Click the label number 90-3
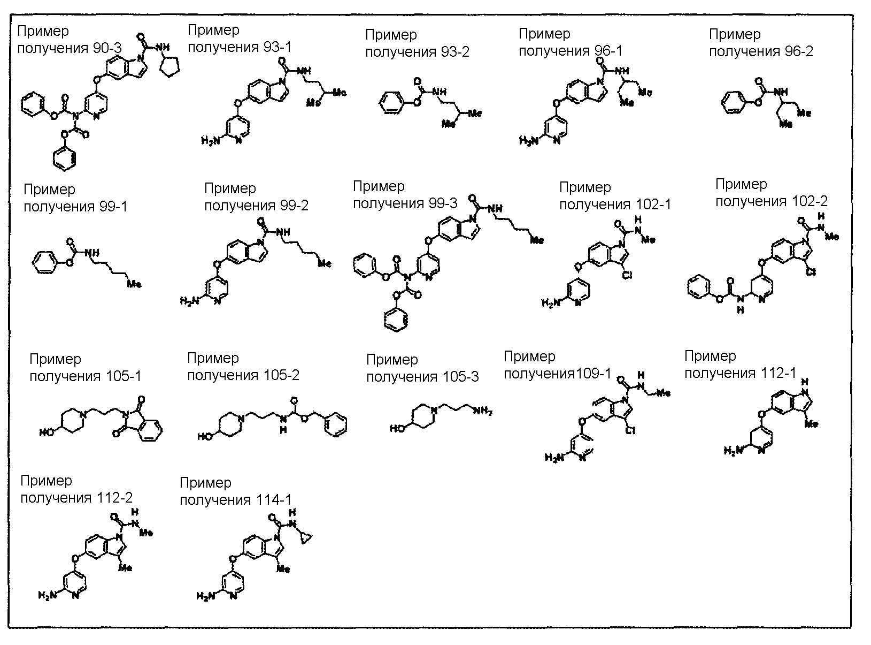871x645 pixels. click(107, 49)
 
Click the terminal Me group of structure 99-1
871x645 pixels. click(134, 284)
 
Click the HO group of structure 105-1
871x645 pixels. click(47, 431)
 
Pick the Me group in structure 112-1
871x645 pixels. click(811, 424)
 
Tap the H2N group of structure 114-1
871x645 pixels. click(206, 596)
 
